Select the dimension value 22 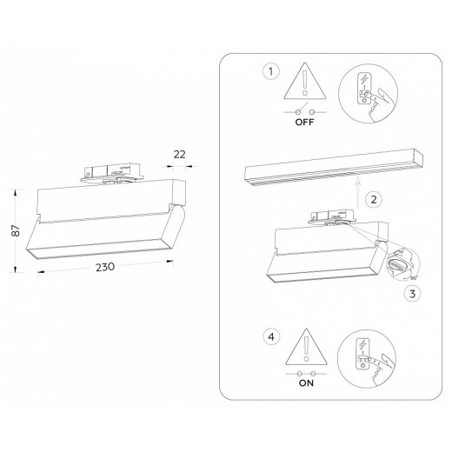181,154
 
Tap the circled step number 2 373,199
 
